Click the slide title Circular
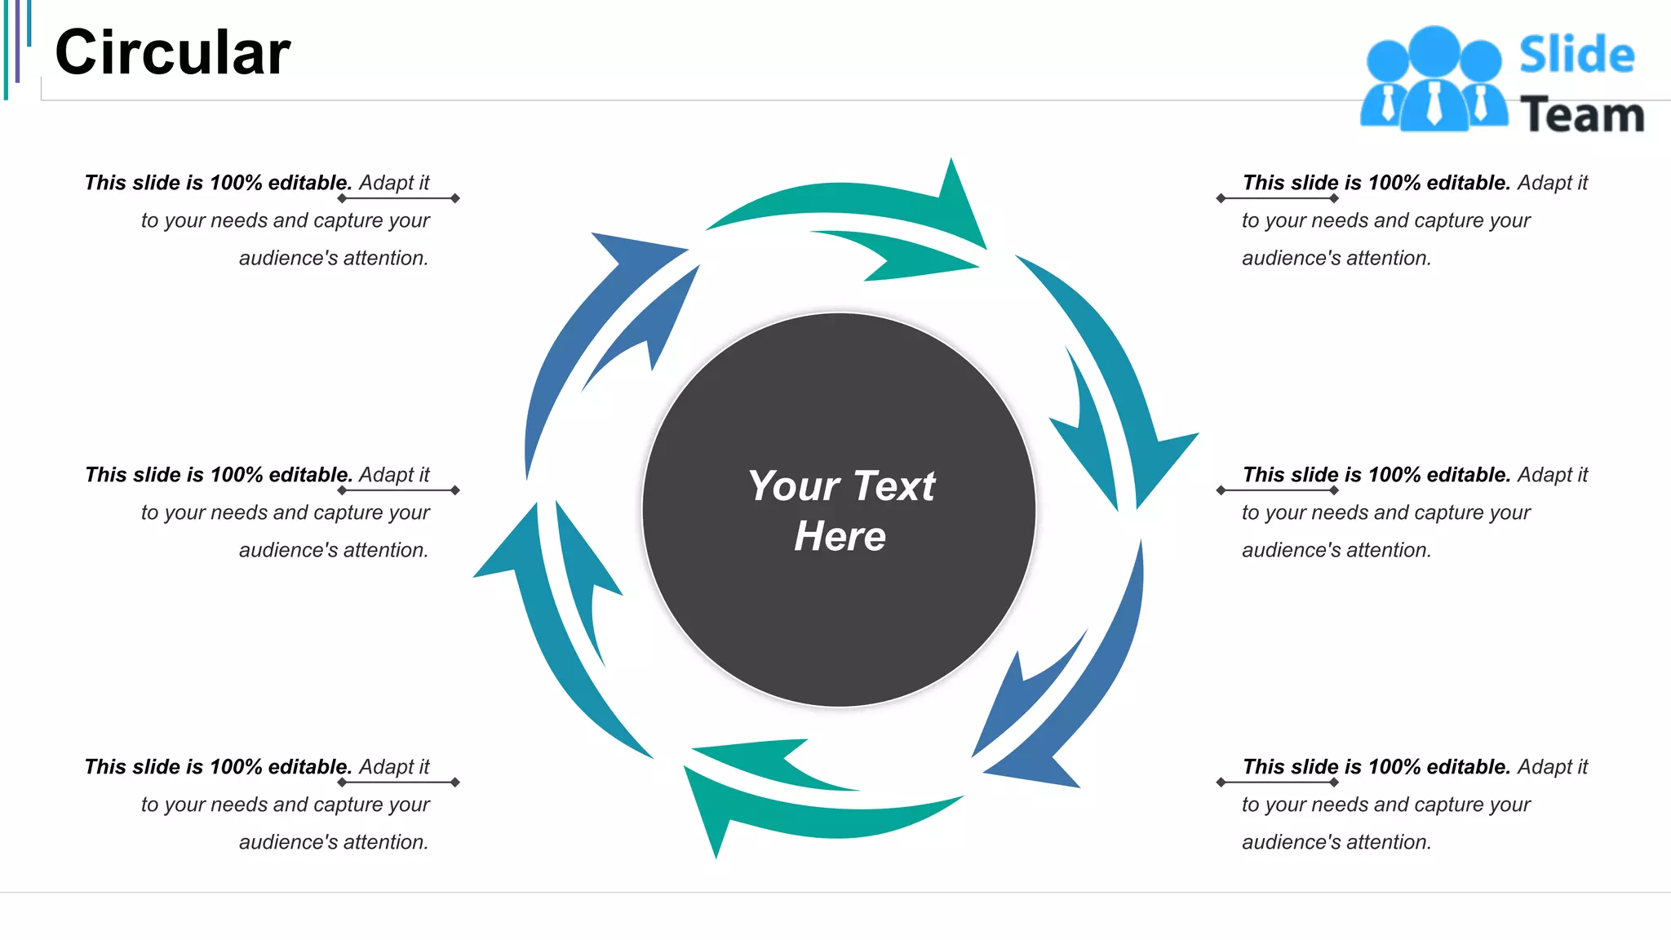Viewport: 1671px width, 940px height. point(172,53)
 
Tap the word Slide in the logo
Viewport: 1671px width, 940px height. point(1576,55)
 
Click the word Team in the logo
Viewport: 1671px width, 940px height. point(1581,114)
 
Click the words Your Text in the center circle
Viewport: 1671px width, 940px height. point(841,486)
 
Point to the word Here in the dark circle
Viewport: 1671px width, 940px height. point(840,537)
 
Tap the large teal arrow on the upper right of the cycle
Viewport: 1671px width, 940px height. point(1118,367)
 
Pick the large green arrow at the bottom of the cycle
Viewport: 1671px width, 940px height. point(816,816)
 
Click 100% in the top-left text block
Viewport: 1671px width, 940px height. point(236,183)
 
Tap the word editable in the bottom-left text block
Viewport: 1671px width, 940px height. point(310,767)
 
